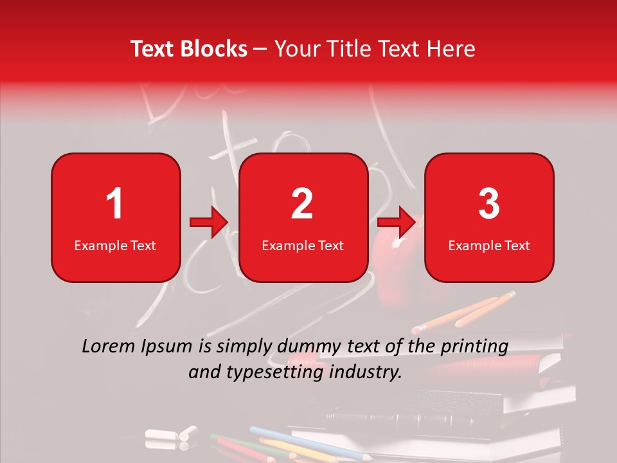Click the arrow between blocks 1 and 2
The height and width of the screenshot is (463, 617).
click(x=209, y=222)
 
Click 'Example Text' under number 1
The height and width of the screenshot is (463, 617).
click(x=115, y=245)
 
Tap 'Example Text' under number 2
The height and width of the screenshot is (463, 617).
click(x=303, y=245)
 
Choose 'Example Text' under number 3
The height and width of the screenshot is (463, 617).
click(x=489, y=245)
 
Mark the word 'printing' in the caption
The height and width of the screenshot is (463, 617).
click(x=475, y=347)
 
